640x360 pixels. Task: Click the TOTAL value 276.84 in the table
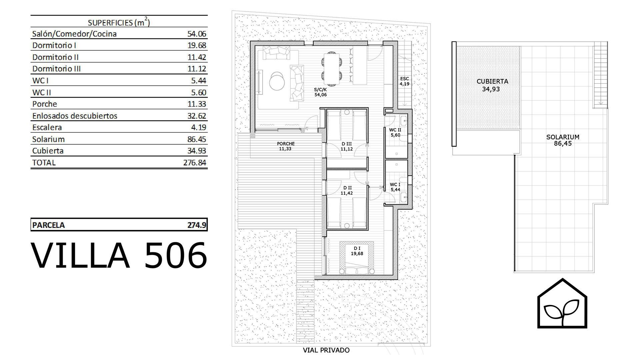pos(195,163)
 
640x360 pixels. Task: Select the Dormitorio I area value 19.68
pos(197,45)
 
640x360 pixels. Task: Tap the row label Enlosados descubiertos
pos(75,116)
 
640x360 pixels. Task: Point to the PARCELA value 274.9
pos(197,225)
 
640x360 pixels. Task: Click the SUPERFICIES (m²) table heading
pos(119,22)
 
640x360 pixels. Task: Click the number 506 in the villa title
pos(176,256)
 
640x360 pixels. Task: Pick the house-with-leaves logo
pos(562,304)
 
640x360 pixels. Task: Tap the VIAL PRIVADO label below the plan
pos(326,350)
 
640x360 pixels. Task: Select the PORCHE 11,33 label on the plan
pos(286,146)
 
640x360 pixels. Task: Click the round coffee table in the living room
pos(277,82)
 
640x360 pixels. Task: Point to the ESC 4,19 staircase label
pos(405,81)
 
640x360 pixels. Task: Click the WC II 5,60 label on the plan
pos(395,132)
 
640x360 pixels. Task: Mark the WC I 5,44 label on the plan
pos(395,187)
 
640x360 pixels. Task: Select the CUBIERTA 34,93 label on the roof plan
pos(492,85)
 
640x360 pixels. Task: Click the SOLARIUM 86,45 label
pos(563,140)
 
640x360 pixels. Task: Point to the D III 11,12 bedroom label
pos(347,146)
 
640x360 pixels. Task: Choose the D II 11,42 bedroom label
pos(347,190)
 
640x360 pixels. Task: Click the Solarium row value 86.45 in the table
pos(197,139)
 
